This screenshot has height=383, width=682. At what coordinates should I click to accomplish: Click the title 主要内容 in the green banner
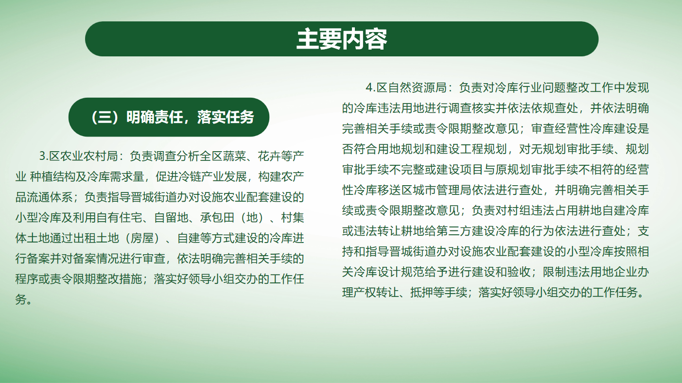[x=342, y=39]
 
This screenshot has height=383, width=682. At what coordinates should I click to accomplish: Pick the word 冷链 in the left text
[x=190, y=176]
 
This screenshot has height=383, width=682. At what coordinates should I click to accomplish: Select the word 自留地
[x=171, y=218]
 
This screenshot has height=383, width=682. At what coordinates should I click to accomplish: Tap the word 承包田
[x=217, y=218]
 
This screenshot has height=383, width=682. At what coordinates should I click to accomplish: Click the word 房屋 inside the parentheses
[x=142, y=238]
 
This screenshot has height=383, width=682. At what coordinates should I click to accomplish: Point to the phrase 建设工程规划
[x=472, y=149]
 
